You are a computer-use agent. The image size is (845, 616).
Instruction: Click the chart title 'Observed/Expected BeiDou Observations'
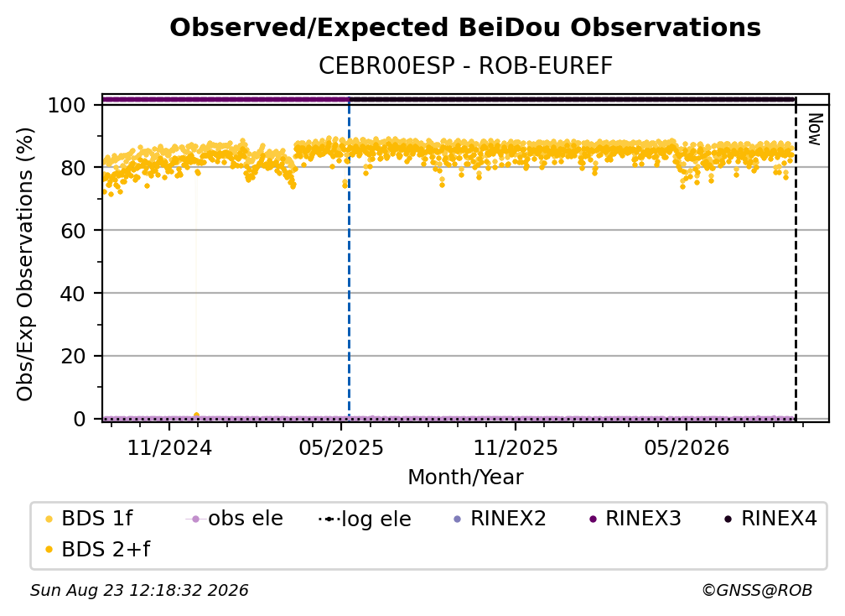(x=465, y=28)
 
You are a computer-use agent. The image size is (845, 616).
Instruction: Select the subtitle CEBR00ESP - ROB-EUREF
(x=465, y=66)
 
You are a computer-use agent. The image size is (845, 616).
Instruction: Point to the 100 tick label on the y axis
(x=67, y=105)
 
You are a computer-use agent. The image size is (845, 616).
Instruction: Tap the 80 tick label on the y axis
(x=73, y=168)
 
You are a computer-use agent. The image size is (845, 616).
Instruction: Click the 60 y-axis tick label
(x=73, y=231)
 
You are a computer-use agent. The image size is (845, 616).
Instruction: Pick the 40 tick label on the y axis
(x=73, y=294)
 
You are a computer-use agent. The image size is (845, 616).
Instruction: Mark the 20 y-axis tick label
(x=73, y=357)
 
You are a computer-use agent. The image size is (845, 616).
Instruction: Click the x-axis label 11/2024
(x=169, y=447)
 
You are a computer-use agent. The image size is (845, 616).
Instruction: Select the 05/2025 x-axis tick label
(x=341, y=447)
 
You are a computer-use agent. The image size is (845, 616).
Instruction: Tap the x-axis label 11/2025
(x=516, y=447)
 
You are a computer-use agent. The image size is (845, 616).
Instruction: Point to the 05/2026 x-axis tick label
(x=687, y=447)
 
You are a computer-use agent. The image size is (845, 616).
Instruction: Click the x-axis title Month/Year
(x=465, y=478)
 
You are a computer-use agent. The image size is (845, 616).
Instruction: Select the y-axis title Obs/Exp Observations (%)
(x=25, y=264)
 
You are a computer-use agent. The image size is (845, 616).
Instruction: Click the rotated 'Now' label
(x=815, y=129)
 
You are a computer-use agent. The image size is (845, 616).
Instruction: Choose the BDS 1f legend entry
(x=89, y=519)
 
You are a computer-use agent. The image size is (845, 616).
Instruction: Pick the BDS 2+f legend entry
(x=97, y=549)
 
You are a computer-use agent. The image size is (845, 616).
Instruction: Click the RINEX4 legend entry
(x=770, y=519)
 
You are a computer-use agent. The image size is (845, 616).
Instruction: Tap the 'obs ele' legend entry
(x=235, y=519)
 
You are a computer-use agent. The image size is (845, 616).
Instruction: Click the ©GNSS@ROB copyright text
(x=757, y=591)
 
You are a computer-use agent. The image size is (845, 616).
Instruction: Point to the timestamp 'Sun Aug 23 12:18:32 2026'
(x=139, y=591)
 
